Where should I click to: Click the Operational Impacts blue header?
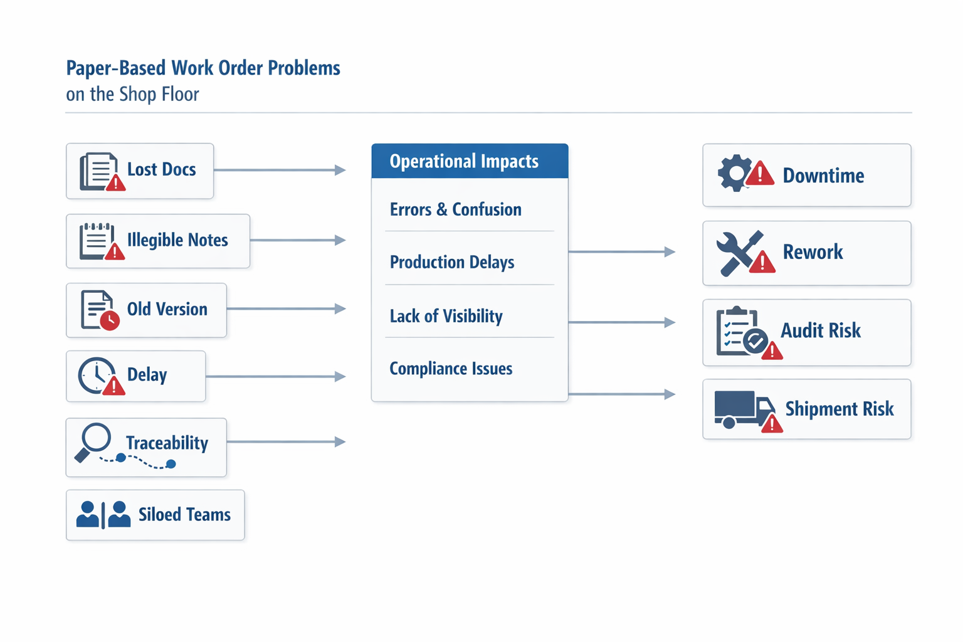[470, 161]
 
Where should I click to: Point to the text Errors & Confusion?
[455, 209]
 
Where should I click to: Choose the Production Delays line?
[451, 262]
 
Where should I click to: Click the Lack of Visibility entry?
[446, 316]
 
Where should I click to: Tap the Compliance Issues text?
[450, 369]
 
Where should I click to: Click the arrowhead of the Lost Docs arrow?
[340, 170]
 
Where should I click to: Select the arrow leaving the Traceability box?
[285, 442]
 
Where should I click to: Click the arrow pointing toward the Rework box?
[621, 252]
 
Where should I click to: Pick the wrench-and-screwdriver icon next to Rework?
[739, 252]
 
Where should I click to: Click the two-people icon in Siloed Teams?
[103, 514]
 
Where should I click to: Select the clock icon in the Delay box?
[96, 375]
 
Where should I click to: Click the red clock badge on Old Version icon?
[110, 320]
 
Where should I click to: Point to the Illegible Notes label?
[177, 240]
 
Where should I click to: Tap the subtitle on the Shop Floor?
[132, 94]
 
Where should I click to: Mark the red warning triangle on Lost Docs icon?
[115, 184]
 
